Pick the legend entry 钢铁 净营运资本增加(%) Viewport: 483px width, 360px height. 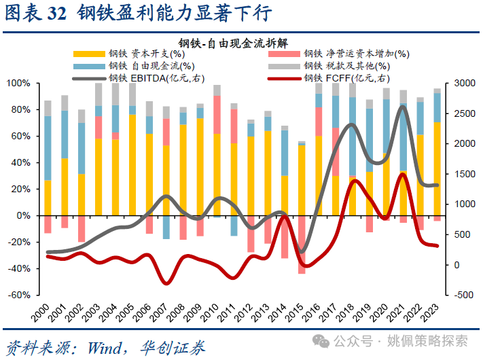click(357, 54)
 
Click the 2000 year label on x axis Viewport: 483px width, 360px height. click(43, 314)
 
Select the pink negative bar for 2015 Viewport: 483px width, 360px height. click(302, 245)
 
